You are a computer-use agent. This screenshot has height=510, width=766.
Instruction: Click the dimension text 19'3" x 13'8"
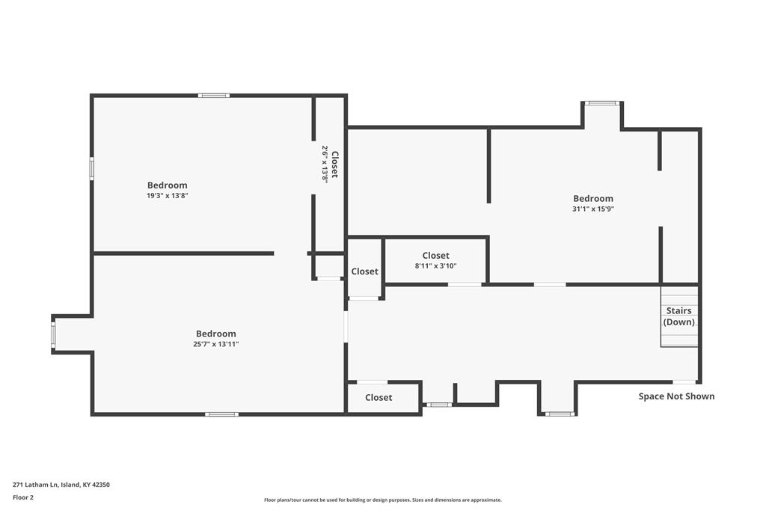pos(168,195)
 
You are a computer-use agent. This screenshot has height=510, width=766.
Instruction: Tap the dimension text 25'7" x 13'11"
pos(216,344)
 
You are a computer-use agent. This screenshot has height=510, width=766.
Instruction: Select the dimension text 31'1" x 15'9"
pos(593,209)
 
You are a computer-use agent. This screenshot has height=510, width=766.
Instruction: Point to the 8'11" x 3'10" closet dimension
pos(436,265)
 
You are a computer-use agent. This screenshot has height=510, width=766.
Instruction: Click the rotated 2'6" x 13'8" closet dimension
pos(325,164)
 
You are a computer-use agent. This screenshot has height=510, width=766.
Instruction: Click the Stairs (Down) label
pos(679,316)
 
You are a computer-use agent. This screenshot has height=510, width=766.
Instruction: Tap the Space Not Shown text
pos(676,396)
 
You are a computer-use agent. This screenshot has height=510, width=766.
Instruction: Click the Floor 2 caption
pos(23,497)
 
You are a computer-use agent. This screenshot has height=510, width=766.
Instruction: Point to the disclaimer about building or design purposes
pos(383,500)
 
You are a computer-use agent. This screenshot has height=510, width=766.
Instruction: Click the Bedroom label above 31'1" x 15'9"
pos(593,198)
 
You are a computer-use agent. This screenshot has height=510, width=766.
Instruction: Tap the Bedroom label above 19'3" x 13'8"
pos(168,185)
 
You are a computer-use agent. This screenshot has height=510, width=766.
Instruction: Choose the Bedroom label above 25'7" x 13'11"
pos(216,334)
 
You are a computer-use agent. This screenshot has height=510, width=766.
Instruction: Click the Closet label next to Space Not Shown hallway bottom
pos(379,397)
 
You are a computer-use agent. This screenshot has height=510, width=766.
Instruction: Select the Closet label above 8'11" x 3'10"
pos(436,256)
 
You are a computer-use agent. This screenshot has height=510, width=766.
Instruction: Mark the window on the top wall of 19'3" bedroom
pos(214,96)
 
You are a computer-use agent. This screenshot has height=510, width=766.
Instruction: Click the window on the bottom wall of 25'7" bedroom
pos(221,414)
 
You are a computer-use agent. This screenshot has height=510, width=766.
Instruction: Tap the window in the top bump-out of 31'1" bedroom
pos(602,103)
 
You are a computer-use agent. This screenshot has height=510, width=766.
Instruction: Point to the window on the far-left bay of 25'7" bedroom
pos(53,334)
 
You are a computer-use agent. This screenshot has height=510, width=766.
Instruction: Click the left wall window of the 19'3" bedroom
pos(91,168)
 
